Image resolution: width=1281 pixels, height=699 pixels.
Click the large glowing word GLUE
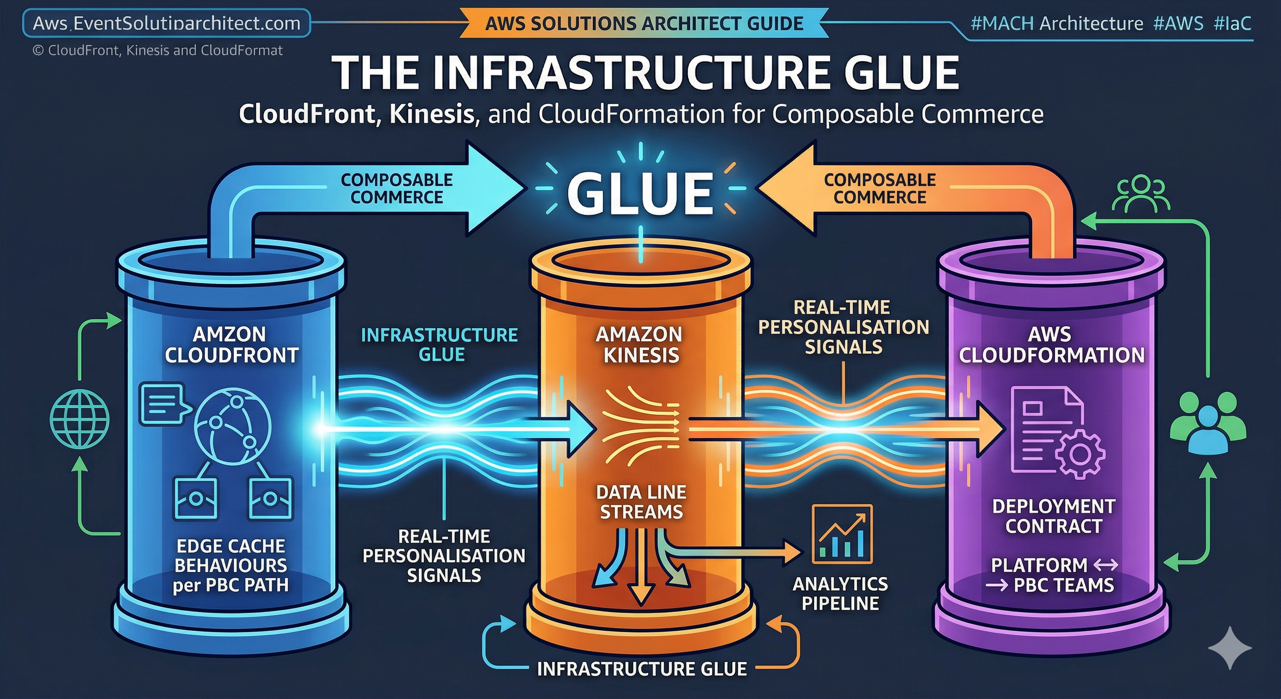tap(640, 193)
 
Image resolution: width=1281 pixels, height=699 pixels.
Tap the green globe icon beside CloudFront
tap(80, 419)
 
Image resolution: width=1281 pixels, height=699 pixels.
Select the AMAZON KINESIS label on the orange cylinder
tap(640, 344)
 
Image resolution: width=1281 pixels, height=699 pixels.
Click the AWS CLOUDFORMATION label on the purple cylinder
tap(1051, 344)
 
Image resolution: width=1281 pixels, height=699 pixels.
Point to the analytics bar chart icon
tap(842, 534)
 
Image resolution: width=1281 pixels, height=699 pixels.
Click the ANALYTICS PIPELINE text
tap(840, 593)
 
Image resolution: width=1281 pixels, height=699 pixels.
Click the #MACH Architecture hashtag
tap(1056, 23)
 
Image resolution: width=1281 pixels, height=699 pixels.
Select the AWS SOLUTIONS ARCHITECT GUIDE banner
tap(644, 23)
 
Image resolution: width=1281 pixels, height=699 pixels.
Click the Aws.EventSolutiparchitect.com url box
tap(166, 23)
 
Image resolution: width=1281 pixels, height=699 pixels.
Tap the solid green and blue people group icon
tap(1207, 422)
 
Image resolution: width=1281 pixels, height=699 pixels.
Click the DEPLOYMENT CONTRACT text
tap(1053, 516)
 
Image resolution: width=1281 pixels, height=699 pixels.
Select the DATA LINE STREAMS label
tap(641, 502)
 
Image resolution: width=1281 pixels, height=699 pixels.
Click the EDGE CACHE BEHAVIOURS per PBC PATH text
tap(231, 566)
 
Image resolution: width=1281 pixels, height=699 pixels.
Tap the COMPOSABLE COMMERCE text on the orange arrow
tap(879, 188)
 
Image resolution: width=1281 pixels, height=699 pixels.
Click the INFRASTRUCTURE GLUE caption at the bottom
tap(641, 669)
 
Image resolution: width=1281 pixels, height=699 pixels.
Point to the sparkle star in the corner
tap(1229, 648)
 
